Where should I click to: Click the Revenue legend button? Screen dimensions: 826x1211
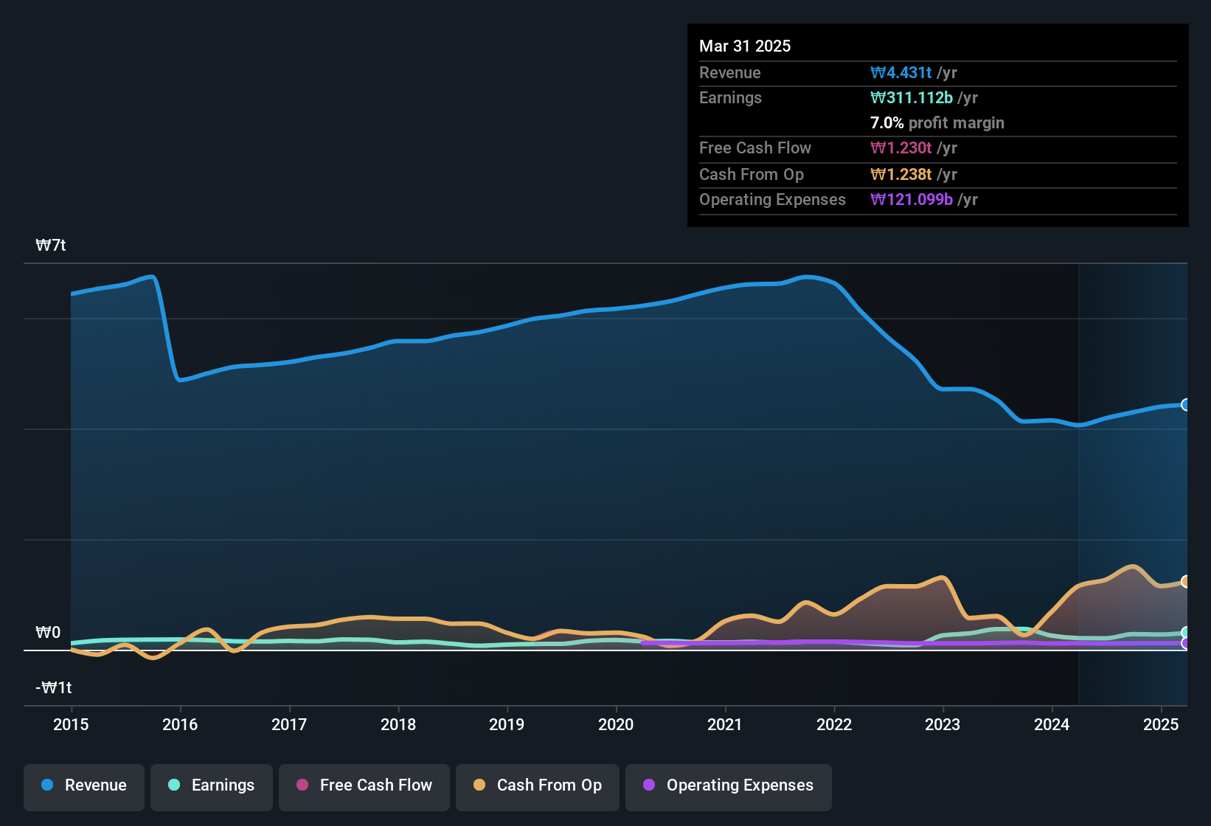point(84,785)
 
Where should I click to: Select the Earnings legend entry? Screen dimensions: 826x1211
point(212,785)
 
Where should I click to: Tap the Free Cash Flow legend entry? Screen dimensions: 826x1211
point(364,785)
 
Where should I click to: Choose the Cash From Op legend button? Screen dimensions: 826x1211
point(538,785)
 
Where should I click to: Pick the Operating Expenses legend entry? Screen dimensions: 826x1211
point(729,785)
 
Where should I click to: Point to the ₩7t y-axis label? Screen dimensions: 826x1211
point(51,246)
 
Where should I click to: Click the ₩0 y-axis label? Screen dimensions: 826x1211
point(48,633)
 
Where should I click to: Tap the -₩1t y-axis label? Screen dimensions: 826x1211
point(54,688)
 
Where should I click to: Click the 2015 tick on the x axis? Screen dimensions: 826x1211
point(71,725)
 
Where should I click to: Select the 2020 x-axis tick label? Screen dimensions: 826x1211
point(616,725)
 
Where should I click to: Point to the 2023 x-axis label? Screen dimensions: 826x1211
point(943,725)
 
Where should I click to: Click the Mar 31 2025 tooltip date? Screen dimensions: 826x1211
point(745,46)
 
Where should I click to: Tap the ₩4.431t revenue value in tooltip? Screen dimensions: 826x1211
point(901,73)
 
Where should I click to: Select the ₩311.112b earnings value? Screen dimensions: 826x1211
point(912,98)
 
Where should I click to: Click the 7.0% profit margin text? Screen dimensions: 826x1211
point(937,123)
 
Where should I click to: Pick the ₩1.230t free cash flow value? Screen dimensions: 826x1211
point(901,148)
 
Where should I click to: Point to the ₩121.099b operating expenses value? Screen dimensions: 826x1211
point(912,200)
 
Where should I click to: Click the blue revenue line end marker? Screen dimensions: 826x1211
point(1186,405)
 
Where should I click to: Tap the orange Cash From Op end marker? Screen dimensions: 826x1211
point(1186,582)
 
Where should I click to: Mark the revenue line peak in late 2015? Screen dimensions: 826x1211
point(152,277)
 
